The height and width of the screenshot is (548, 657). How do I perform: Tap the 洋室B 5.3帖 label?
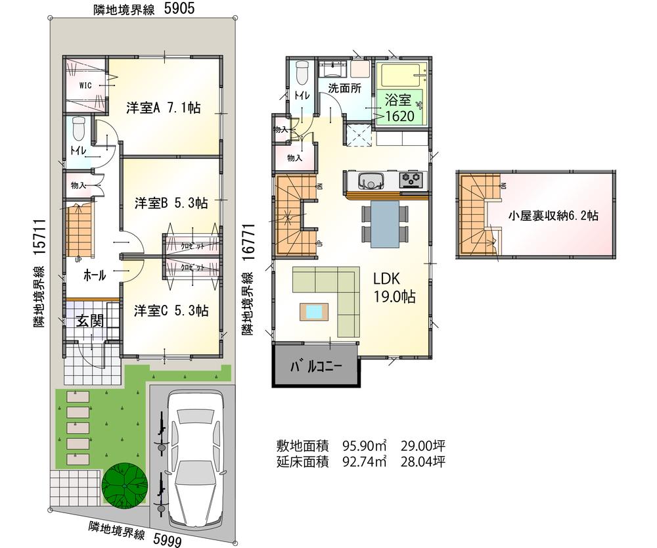171,203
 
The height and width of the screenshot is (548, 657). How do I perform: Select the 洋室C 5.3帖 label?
171,310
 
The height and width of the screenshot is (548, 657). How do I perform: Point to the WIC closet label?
85,85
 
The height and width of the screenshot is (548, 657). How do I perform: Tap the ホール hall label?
94,277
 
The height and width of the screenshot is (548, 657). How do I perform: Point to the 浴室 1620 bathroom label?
399,108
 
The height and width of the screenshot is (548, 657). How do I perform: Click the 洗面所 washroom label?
344,89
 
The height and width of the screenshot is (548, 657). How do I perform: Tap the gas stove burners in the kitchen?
413,179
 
